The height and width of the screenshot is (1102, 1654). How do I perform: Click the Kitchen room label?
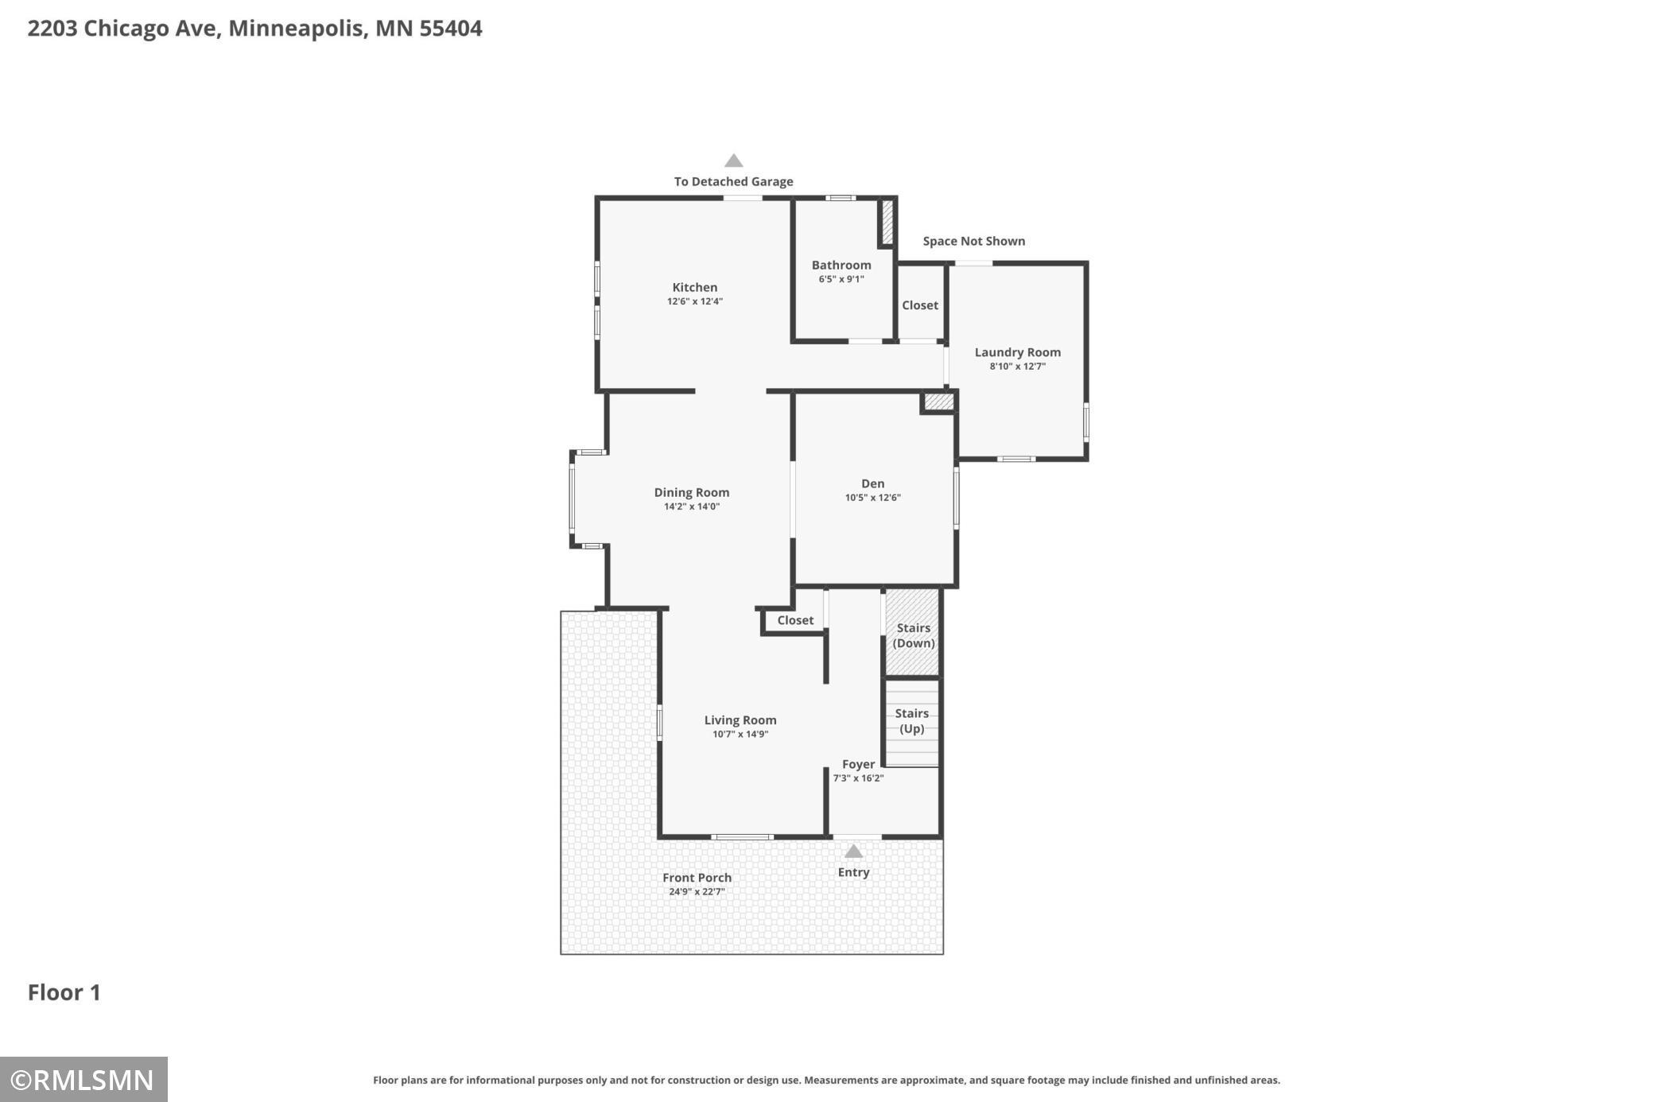tap(695, 287)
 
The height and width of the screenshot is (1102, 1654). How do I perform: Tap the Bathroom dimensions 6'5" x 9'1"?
tap(841, 279)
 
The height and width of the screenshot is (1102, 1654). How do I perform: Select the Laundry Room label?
tap(1018, 352)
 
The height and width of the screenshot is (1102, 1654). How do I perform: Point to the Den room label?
tap(872, 483)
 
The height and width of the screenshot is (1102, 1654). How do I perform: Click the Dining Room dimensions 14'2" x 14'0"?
tap(692, 506)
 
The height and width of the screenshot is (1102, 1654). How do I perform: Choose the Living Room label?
tap(740, 720)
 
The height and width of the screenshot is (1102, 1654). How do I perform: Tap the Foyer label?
tap(858, 764)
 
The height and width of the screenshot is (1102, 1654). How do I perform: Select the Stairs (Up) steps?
tap(912, 724)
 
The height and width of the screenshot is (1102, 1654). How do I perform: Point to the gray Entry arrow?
tap(853, 852)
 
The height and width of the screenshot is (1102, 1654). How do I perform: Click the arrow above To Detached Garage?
tap(733, 161)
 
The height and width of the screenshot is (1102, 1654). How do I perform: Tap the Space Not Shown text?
tap(974, 241)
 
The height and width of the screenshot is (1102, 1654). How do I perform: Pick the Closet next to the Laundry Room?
tap(920, 305)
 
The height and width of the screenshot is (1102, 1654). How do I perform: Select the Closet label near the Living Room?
tap(795, 620)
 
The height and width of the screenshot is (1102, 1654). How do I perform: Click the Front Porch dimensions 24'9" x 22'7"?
tap(697, 892)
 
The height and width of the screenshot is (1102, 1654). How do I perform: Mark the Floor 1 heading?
tap(64, 992)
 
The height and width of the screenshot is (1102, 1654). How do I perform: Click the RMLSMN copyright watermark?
tap(83, 1080)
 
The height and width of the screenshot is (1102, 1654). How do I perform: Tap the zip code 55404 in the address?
tap(451, 29)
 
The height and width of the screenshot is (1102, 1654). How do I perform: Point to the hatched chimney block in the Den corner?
tap(938, 402)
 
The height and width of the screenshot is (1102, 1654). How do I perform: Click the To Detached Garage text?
tap(733, 181)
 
